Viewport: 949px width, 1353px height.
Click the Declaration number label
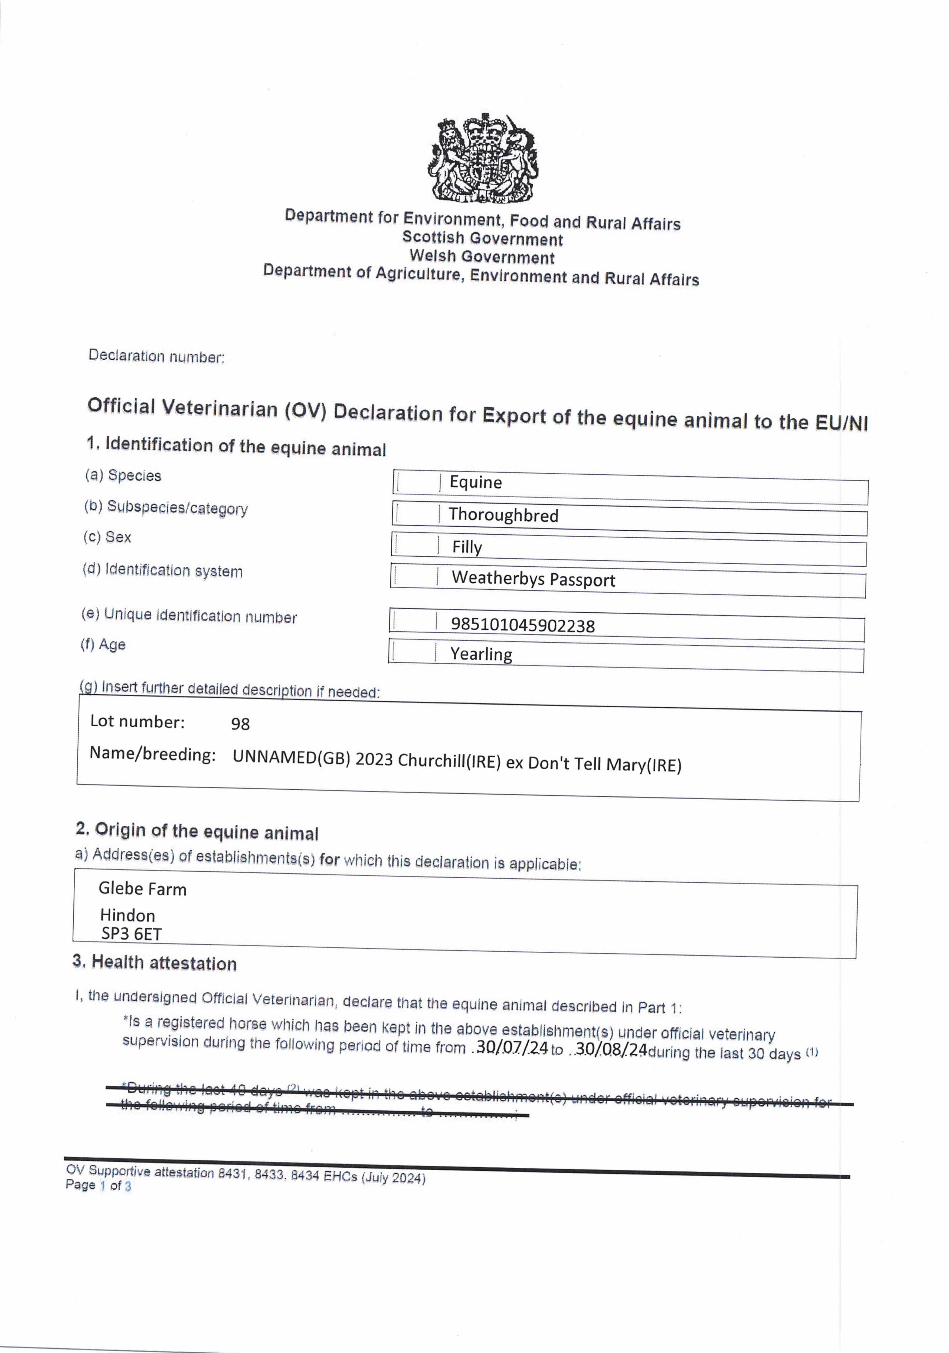(156, 357)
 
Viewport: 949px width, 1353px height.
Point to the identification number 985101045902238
(522, 625)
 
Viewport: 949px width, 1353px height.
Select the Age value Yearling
(481, 654)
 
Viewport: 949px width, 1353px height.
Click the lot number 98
(240, 724)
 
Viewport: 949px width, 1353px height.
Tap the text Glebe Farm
(142, 889)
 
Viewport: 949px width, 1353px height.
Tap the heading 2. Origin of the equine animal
(197, 832)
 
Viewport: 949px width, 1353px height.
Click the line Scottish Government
(482, 239)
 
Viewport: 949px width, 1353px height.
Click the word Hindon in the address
(127, 915)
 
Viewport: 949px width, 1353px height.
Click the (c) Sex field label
(107, 537)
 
